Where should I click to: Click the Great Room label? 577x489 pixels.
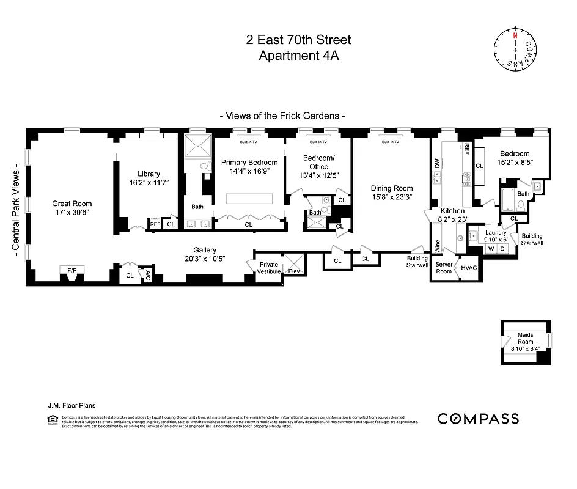72,204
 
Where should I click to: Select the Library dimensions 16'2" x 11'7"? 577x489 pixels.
149,183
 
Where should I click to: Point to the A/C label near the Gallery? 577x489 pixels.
147,276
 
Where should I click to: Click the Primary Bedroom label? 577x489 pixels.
249,163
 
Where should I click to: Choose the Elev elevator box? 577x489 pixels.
294,271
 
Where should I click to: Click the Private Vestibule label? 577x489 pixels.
269,267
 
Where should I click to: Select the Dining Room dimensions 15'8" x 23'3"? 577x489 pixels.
392,197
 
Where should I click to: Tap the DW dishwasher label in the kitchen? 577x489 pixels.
436,163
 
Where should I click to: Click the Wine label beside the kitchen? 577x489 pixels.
437,246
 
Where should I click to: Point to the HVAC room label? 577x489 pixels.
469,268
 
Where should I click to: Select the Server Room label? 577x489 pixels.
444,267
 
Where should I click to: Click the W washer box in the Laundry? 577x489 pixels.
490,249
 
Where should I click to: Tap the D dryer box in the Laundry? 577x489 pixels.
502,249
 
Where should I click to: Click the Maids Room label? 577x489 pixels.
525,338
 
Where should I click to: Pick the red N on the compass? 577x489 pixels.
515,35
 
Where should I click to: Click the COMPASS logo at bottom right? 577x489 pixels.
478,419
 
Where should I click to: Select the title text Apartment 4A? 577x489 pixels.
298,56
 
